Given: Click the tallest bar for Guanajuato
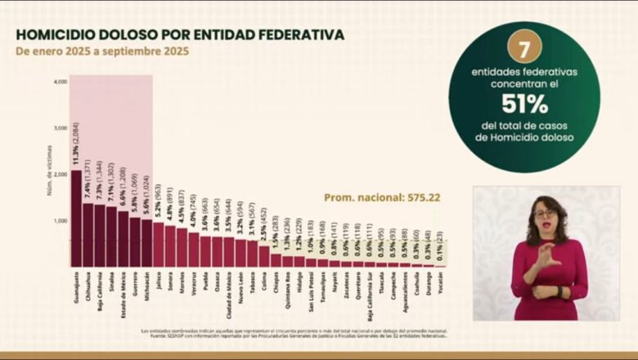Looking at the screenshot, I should coord(76,218).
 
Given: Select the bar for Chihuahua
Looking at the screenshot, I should coord(88,235).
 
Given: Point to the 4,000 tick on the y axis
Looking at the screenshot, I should coord(61,82).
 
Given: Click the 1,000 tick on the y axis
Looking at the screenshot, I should coord(61,221).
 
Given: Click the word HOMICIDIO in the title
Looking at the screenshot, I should coord(58,34).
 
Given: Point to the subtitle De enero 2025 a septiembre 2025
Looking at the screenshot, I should coord(102,51).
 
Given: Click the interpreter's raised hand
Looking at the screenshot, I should coord(546,254).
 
